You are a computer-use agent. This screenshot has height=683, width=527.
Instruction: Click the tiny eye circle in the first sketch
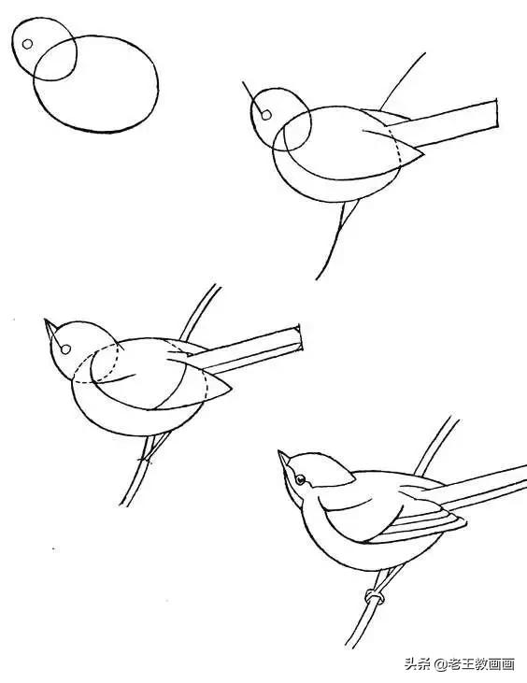(x=27, y=44)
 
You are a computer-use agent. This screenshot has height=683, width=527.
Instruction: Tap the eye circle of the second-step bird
(x=265, y=116)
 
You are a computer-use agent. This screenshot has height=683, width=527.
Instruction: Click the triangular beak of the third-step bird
(x=50, y=331)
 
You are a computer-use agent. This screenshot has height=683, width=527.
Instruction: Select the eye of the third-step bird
(x=65, y=350)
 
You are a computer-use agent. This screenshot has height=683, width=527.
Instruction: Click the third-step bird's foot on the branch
(x=145, y=459)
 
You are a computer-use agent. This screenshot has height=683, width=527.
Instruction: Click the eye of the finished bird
(x=300, y=480)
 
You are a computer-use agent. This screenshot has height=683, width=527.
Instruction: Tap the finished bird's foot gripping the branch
(x=375, y=596)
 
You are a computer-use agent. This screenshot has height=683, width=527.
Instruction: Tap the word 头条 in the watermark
(x=415, y=664)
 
